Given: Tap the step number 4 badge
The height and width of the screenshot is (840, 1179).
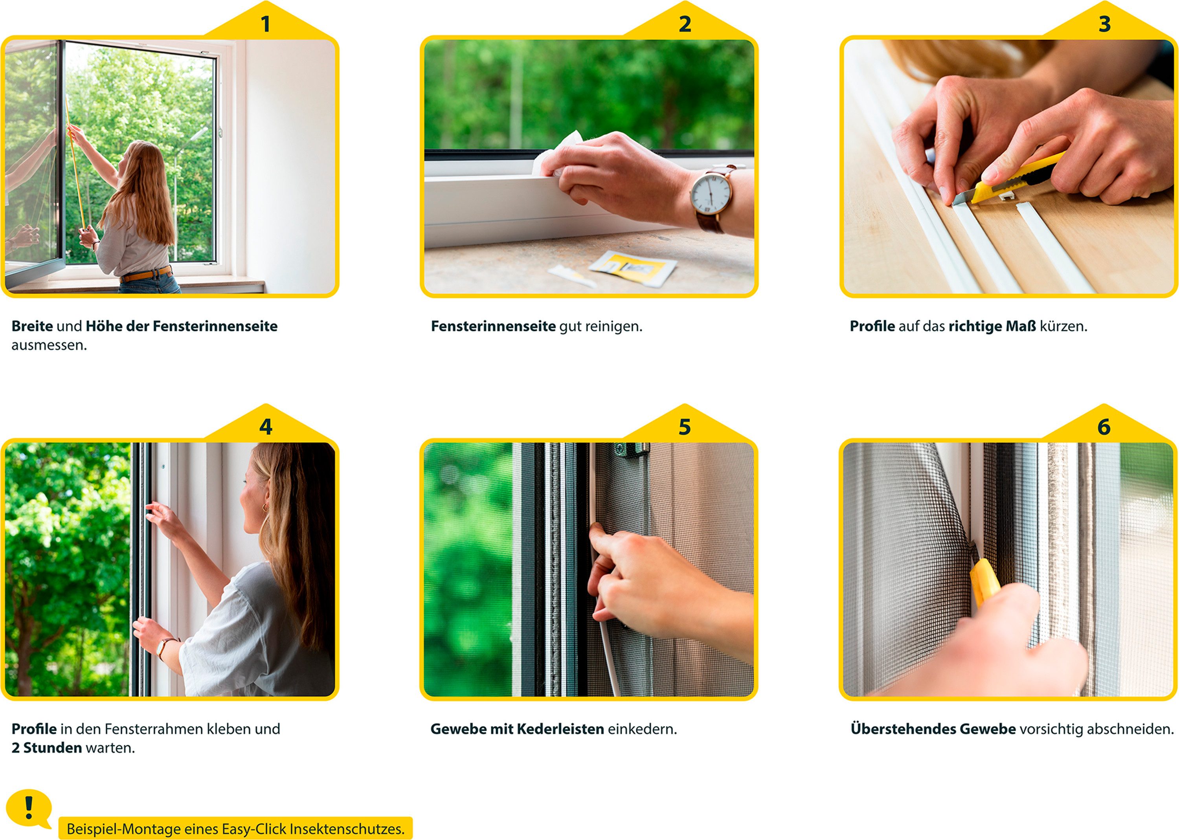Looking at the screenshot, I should pyautogui.click(x=265, y=427).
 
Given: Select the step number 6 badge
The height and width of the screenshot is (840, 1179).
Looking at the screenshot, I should pyautogui.click(x=1104, y=427).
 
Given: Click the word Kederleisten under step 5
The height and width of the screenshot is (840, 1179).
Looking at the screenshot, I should pyautogui.click(x=560, y=729).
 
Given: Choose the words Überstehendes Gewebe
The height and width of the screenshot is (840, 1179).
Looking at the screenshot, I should pyautogui.click(x=933, y=729).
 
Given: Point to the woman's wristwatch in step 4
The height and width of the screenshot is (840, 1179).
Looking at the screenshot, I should pyautogui.click(x=163, y=646).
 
